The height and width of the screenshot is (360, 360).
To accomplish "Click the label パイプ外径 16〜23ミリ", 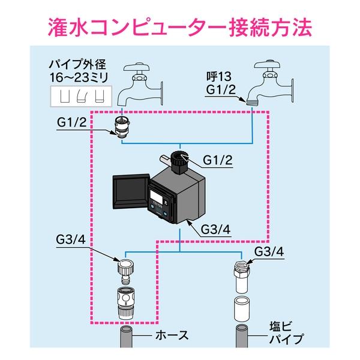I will point(78,70).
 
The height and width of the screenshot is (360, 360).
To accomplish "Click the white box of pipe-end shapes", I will point(77,95).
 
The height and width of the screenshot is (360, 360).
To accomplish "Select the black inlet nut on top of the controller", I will point(178,160).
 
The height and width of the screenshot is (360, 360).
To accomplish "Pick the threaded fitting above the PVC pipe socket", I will point(241,272).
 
